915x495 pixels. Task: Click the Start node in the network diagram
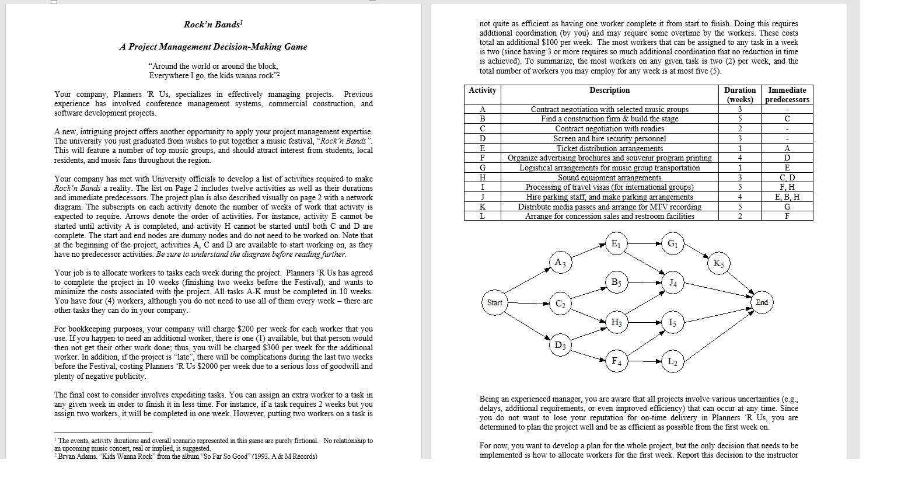coord(494,302)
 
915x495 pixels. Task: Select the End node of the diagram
coord(762,302)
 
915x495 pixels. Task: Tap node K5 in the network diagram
coord(718,263)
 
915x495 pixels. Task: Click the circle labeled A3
coord(560,263)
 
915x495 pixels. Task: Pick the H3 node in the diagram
coord(616,323)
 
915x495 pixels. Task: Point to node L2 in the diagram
coord(672,362)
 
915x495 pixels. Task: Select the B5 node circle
coord(616,283)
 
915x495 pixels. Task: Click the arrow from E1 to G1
coord(644,243)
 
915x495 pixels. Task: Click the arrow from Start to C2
coord(528,304)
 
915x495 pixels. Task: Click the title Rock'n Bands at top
coord(213,25)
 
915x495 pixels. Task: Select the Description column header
coord(609,90)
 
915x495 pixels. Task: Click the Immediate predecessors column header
coord(787,95)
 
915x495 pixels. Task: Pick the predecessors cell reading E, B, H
coord(787,197)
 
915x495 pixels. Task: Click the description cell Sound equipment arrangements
coord(609,177)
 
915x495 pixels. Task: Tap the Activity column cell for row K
coord(482,207)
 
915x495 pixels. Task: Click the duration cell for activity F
coord(739,158)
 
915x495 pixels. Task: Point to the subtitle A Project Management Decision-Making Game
coord(213,47)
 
